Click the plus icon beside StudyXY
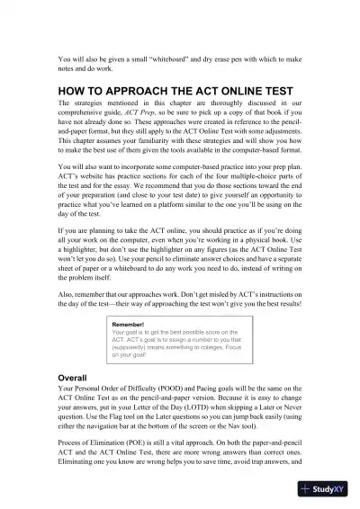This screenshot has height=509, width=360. (x=308, y=489)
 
